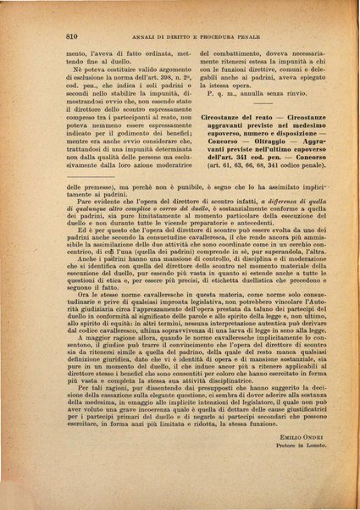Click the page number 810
click(71, 36)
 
